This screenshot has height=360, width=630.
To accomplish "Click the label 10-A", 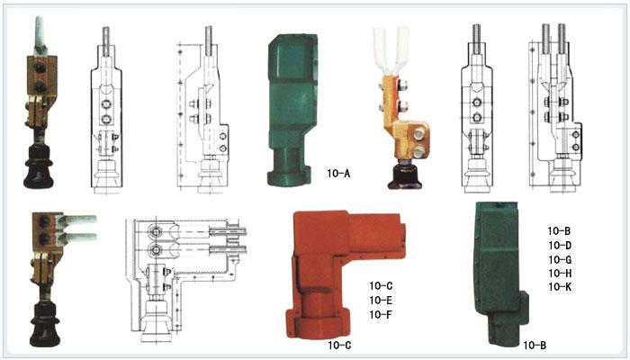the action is [x=338, y=174].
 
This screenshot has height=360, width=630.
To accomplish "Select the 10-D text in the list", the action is [x=560, y=245].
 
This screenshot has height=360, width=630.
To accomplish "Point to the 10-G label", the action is [x=560, y=259].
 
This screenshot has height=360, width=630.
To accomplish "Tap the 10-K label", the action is [x=560, y=287].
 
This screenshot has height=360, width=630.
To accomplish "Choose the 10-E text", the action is [x=381, y=300].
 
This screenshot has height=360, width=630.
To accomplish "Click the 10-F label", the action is [x=381, y=315].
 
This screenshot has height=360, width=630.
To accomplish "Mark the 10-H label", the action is [x=560, y=274].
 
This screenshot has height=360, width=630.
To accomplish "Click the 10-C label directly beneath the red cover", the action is [x=339, y=345].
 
